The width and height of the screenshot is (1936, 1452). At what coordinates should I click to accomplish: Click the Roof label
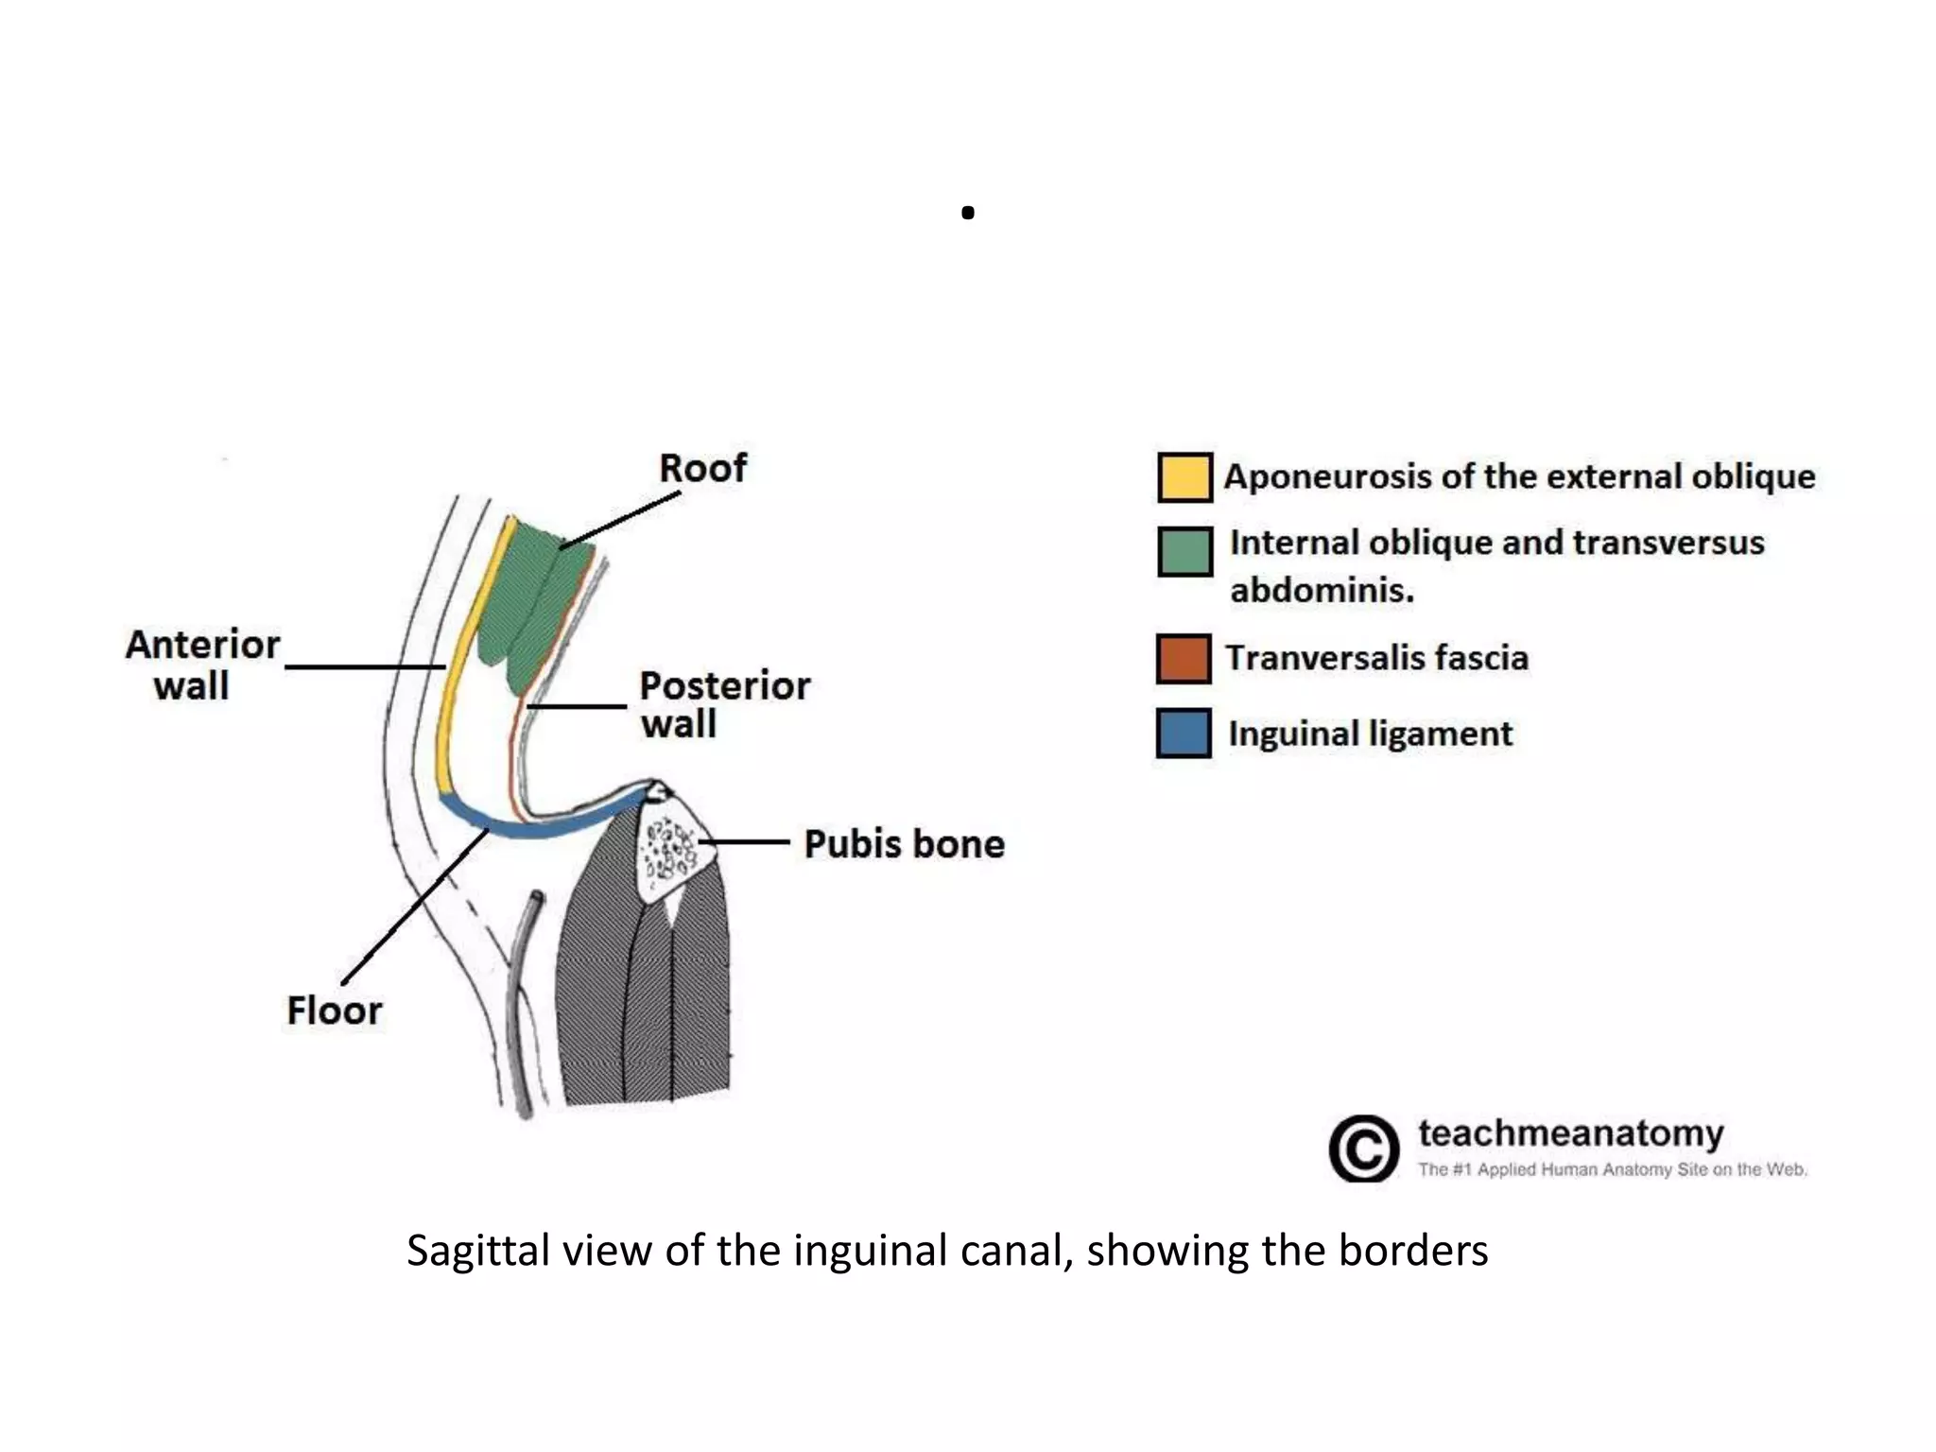pyautogui.click(x=702, y=468)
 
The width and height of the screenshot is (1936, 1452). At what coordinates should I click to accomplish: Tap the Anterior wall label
pyautogui.click(x=201, y=665)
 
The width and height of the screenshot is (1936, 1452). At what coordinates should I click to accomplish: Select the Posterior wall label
pyautogui.click(x=723, y=704)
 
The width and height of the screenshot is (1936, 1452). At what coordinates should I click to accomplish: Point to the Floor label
pyautogui.click(x=334, y=1011)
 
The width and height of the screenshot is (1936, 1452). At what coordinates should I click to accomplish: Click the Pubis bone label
pyautogui.click(x=904, y=843)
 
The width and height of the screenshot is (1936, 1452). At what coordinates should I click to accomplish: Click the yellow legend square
pyautogui.click(x=1184, y=477)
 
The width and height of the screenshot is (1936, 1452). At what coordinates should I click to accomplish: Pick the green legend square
pyautogui.click(x=1184, y=551)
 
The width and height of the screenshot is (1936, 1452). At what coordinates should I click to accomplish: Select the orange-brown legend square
pyautogui.click(x=1183, y=659)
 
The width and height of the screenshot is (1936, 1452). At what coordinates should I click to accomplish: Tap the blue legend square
pyautogui.click(x=1183, y=734)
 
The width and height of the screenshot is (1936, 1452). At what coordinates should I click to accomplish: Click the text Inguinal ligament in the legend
pyautogui.click(x=1370, y=734)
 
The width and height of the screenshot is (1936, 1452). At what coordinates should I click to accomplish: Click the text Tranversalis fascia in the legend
pyautogui.click(x=1376, y=658)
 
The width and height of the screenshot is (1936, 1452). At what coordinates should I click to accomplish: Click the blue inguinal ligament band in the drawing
pyautogui.click(x=529, y=828)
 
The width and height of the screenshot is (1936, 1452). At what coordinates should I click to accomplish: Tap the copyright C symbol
pyautogui.click(x=1363, y=1149)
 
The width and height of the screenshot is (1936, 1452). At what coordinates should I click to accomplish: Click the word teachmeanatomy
pyautogui.click(x=1570, y=1132)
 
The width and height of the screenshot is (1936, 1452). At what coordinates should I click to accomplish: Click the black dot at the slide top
pyautogui.click(x=967, y=214)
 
